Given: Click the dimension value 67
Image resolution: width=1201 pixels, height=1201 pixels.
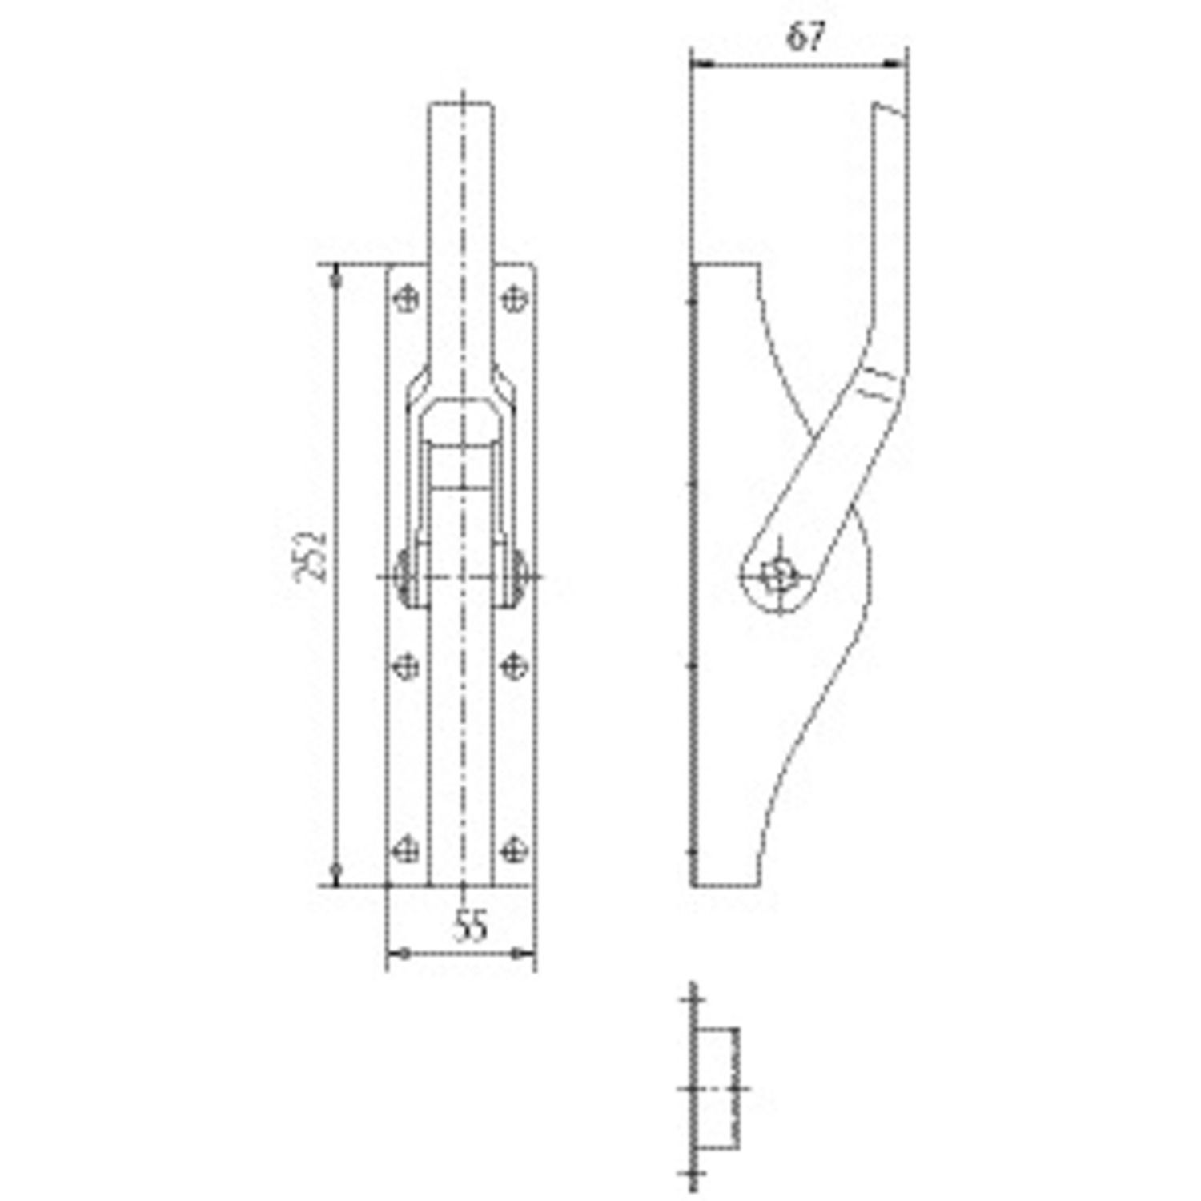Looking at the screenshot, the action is tap(805, 38).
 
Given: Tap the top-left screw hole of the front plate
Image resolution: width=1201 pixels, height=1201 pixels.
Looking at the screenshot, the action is tap(407, 299).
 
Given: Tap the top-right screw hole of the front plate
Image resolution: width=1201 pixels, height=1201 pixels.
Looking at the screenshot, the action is tap(514, 299).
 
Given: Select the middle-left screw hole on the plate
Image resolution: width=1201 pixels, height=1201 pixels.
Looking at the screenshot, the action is tap(407, 665).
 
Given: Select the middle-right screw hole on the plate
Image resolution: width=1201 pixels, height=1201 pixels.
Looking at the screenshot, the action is tap(514, 665).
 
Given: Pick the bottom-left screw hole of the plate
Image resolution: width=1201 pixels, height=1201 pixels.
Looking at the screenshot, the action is tap(407, 850).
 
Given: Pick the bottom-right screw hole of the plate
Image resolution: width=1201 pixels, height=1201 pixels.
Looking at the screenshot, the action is tap(514, 850).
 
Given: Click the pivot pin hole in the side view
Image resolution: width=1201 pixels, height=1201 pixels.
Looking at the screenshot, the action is tap(776, 575).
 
